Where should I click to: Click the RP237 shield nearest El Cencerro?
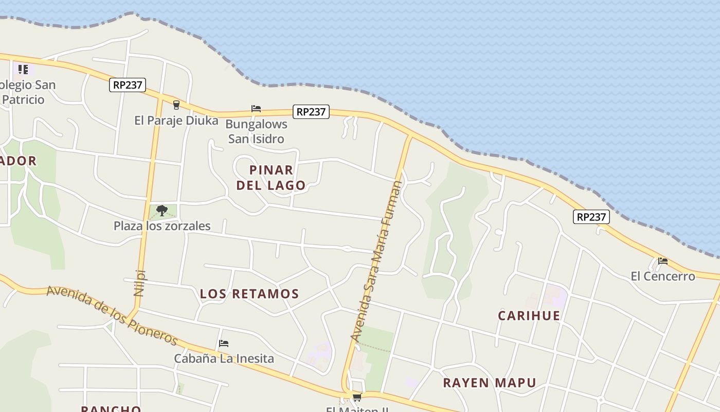[x=591, y=217]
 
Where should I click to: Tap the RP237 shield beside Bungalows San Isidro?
[x=311, y=112]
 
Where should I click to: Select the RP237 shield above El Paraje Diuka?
[x=128, y=85]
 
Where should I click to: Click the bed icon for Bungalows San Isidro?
[x=256, y=109]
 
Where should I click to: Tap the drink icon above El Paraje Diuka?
[x=176, y=105]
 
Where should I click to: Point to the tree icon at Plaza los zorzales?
[x=162, y=210]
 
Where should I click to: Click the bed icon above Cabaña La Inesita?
[x=224, y=344]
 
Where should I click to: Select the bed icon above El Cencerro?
[x=662, y=261]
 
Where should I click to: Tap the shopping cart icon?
[x=356, y=397]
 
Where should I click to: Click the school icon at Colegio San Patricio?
[x=23, y=69]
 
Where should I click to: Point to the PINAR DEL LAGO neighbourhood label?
[x=271, y=177]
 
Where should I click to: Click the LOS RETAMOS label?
[x=249, y=294]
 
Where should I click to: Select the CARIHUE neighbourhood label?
[x=529, y=316]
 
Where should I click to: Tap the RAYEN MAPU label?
[x=489, y=383]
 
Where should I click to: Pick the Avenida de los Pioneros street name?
[x=112, y=315]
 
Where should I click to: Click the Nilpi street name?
[x=139, y=283]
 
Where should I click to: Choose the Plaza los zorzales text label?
[x=162, y=226]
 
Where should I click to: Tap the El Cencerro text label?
[x=662, y=277]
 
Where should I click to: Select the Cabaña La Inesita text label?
[x=224, y=358]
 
